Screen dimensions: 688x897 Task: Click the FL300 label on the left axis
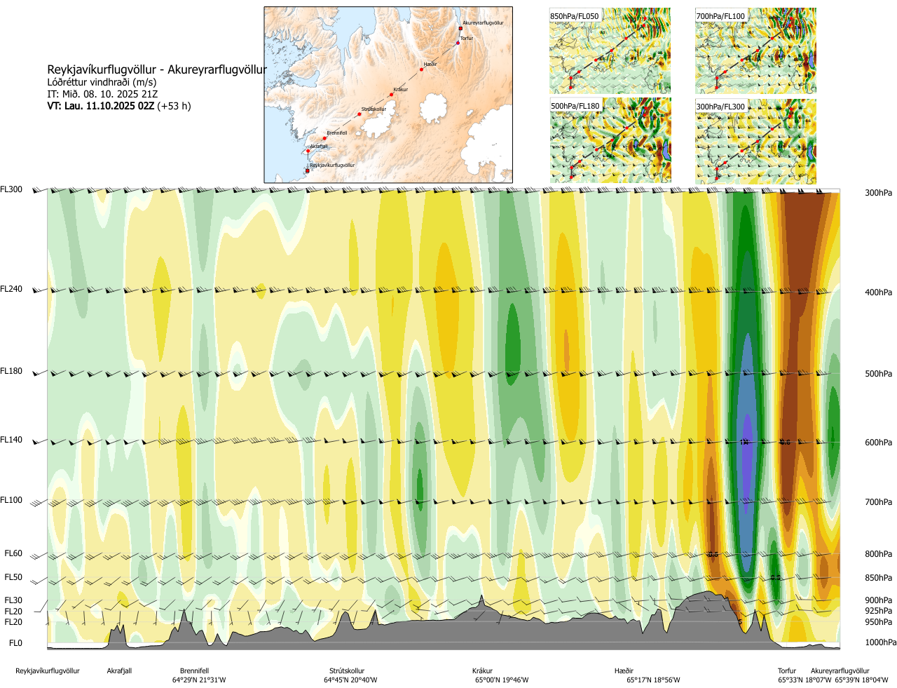[x=11, y=189]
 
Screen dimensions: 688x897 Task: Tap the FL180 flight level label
[x=11, y=371]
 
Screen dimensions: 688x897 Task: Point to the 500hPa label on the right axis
[x=878, y=374]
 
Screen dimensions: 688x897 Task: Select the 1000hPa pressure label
[x=880, y=642]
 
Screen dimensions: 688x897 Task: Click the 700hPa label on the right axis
[x=878, y=502]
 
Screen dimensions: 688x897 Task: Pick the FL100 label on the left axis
[x=11, y=500]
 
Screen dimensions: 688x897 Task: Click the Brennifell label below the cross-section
[x=194, y=671]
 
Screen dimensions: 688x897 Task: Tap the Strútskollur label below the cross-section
[x=347, y=671]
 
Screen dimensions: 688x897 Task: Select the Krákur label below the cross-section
[x=482, y=671]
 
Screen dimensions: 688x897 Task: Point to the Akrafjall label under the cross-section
[x=119, y=671]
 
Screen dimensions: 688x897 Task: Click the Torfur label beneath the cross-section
[x=787, y=671]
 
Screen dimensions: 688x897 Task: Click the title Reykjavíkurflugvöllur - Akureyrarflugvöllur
[x=157, y=70]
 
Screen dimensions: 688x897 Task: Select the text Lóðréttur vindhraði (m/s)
[x=102, y=82]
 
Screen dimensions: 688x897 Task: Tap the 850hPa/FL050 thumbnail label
[x=575, y=16]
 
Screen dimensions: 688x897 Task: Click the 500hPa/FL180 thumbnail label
[x=575, y=107]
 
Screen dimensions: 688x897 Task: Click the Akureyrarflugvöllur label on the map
[x=483, y=23]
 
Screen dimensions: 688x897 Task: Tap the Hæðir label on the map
[x=430, y=65]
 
